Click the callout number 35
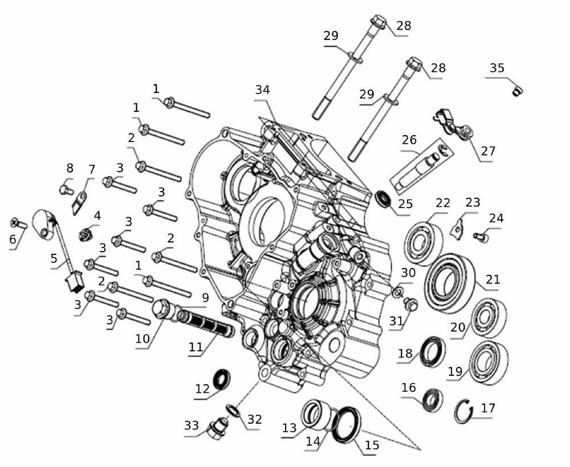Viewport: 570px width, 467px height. pos(497,68)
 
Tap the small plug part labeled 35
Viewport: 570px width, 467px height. pos(518,91)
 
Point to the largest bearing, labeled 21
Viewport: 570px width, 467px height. pos(450,283)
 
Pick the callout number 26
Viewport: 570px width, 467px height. pos(409,140)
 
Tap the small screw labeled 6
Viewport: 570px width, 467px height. pos(19,222)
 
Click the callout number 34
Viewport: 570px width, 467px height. pos(262,90)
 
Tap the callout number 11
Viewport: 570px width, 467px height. pos(196,347)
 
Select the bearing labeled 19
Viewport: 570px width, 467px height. pos(488,363)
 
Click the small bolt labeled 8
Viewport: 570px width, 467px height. pos(66,190)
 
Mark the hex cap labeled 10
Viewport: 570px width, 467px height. pos(162,308)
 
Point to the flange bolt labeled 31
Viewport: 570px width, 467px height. pos(411,304)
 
